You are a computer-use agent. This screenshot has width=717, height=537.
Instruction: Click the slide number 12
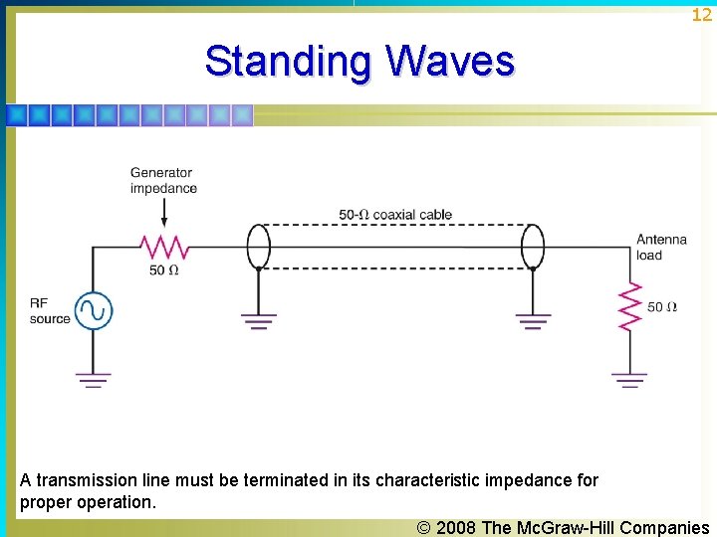pos(702,14)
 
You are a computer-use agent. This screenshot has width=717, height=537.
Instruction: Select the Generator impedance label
pos(163,180)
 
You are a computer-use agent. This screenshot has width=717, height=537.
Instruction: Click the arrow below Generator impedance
pos(163,213)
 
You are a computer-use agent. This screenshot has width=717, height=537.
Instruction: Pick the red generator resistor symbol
pos(163,246)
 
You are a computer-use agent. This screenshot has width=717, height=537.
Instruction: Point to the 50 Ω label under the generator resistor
pos(163,269)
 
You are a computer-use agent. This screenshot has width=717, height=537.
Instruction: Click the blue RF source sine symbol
pos(94,311)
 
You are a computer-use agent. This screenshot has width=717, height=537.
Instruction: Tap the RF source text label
pos(49,311)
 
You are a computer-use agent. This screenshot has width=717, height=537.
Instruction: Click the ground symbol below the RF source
pos(94,378)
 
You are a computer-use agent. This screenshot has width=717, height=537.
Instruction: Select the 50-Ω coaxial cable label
pos(394,214)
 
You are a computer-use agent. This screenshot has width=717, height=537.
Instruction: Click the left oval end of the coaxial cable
pos(258,246)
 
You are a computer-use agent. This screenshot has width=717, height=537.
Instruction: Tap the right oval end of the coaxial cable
pos(533,246)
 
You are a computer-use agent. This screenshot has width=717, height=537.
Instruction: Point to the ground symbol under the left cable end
pos(258,320)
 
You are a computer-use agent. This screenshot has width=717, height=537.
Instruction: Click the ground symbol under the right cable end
pos(533,320)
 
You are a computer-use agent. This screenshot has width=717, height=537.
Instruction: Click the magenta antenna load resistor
pos(629,306)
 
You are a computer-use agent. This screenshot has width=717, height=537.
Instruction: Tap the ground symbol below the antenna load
pos(629,379)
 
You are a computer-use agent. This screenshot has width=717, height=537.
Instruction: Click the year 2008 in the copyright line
pos(456,527)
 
